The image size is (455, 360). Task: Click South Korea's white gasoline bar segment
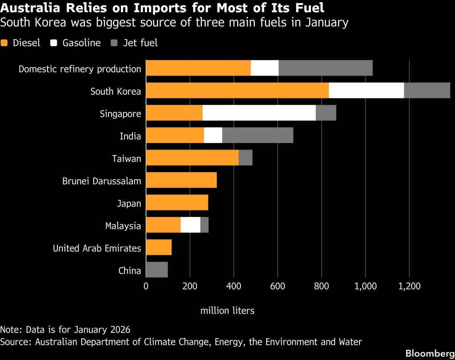point(366,91)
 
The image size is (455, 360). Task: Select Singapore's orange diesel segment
point(174,113)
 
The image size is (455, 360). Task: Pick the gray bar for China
point(157,270)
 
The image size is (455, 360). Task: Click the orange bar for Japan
point(177,203)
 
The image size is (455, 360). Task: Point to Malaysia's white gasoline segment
point(191,225)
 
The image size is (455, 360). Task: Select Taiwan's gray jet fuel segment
point(245,158)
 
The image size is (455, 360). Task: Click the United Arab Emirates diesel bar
point(159,248)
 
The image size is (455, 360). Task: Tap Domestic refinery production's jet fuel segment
point(325,68)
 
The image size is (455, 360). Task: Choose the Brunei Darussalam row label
point(102,181)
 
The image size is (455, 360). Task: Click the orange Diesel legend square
point(5,43)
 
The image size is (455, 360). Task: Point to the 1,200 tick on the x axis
point(409,286)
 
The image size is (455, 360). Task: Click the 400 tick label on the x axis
point(233,286)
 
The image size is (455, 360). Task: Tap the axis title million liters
point(227,310)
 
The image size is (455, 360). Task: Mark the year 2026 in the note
point(121,330)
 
